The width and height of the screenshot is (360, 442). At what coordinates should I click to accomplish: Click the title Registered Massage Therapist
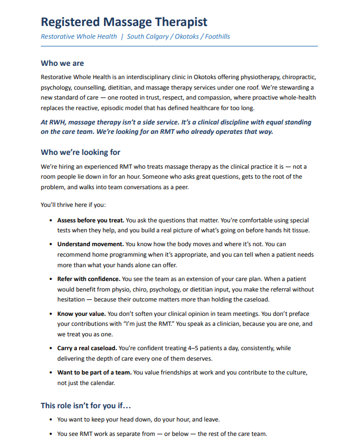tap(124, 22)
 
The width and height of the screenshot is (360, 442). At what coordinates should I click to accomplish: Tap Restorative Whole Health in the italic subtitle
tap(79, 37)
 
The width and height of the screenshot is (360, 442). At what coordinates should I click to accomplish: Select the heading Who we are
tap(62, 63)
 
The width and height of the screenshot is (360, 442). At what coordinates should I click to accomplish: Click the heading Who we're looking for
tap(80, 152)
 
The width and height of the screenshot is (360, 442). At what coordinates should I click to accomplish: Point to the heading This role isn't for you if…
tap(85, 405)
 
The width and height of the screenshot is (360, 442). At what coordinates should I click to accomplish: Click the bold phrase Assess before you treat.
tap(91, 220)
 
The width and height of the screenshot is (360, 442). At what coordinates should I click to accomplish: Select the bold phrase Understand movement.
tap(91, 244)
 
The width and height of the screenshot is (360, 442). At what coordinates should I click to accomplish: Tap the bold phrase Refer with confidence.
tap(88, 279)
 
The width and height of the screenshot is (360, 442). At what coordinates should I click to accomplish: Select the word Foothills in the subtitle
tap(217, 37)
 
